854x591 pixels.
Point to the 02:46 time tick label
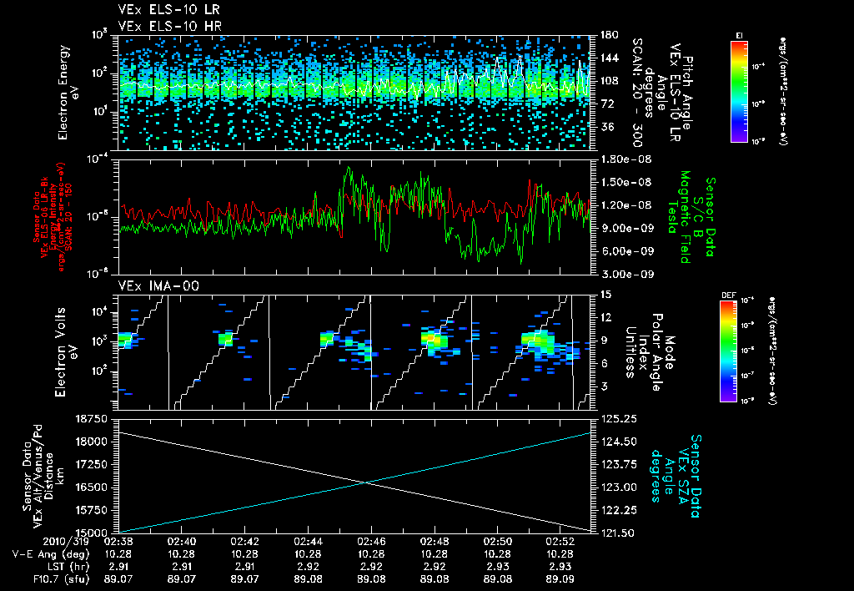click(x=371, y=541)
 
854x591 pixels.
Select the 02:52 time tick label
click(x=560, y=541)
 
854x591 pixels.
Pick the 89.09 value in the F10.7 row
click(x=560, y=576)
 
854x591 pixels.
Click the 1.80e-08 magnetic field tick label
click(x=625, y=159)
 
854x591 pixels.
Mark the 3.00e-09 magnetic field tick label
click(x=625, y=273)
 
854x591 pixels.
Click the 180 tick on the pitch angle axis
click(x=607, y=34)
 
